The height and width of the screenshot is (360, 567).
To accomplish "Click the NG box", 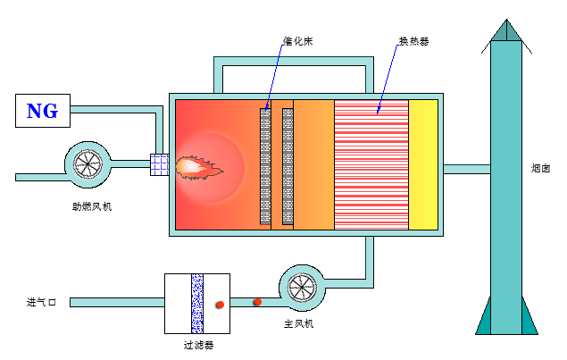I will [x=42, y=111].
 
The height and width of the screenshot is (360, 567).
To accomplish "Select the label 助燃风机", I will [x=92, y=207].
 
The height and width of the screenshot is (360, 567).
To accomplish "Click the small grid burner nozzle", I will [x=159, y=164].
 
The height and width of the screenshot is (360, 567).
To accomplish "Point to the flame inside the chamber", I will [x=201, y=165].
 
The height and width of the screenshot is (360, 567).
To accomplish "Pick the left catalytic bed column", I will [x=264, y=165].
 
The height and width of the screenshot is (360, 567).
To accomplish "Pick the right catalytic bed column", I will [x=288, y=165].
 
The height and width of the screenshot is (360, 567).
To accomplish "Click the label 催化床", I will [x=296, y=41].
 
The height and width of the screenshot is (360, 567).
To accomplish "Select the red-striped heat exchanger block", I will [x=371, y=164].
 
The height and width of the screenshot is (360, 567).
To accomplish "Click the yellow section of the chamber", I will [x=423, y=164].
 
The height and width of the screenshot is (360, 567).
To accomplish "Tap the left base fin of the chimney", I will [x=485, y=318].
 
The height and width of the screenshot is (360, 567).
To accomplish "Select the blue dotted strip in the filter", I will [x=197, y=303].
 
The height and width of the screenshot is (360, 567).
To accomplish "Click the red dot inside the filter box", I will [x=219, y=305].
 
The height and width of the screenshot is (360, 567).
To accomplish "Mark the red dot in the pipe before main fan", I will [x=256, y=301].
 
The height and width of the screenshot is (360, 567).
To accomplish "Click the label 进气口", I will [x=41, y=303].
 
